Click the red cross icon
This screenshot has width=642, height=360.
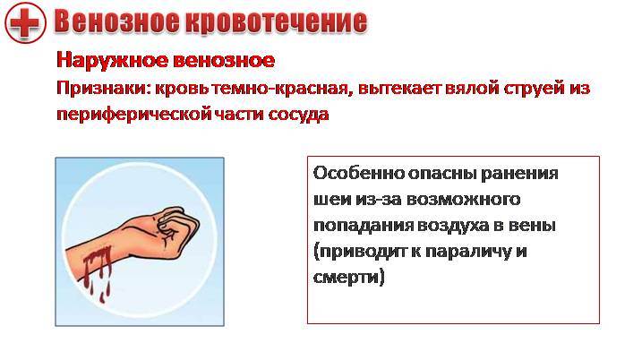click(25, 22)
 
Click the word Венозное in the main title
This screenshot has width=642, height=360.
click(116, 21)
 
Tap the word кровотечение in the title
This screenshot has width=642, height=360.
click(276, 21)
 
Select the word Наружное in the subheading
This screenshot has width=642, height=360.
click(112, 61)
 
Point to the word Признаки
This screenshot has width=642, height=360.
click(103, 89)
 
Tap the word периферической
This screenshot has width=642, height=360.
click(133, 114)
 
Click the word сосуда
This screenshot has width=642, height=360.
click(299, 114)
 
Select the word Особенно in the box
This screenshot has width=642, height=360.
click(359, 173)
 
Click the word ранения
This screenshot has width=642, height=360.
click(519, 174)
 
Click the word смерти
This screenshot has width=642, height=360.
click(347, 278)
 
